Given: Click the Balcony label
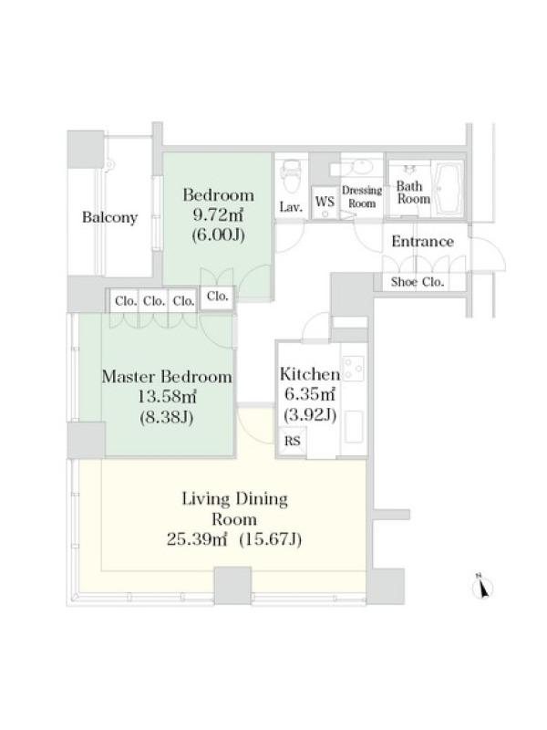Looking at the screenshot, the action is (x=109, y=217).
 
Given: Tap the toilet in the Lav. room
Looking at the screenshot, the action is (x=292, y=176).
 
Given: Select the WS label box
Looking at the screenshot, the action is (x=325, y=203).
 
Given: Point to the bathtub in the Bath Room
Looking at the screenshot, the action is (x=448, y=189).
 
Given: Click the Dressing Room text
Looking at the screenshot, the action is (x=362, y=196).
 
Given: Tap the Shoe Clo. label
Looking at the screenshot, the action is (x=418, y=282).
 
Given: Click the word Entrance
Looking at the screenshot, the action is (x=422, y=241).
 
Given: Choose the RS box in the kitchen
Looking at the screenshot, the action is (x=292, y=441).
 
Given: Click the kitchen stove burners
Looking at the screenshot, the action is (x=354, y=368).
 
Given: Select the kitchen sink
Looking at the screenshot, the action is (x=355, y=426).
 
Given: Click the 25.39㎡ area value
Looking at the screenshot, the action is (x=197, y=539).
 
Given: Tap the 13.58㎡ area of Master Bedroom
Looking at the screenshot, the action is (x=167, y=397).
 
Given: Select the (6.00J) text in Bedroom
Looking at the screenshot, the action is (x=218, y=235).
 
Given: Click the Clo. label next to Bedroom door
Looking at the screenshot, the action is (x=217, y=296).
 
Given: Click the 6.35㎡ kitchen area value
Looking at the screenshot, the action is (x=310, y=394).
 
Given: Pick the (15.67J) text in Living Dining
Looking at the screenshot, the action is (x=270, y=539).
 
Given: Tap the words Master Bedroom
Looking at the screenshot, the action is (x=167, y=377).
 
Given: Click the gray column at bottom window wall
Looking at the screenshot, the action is (x=232, y=586).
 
